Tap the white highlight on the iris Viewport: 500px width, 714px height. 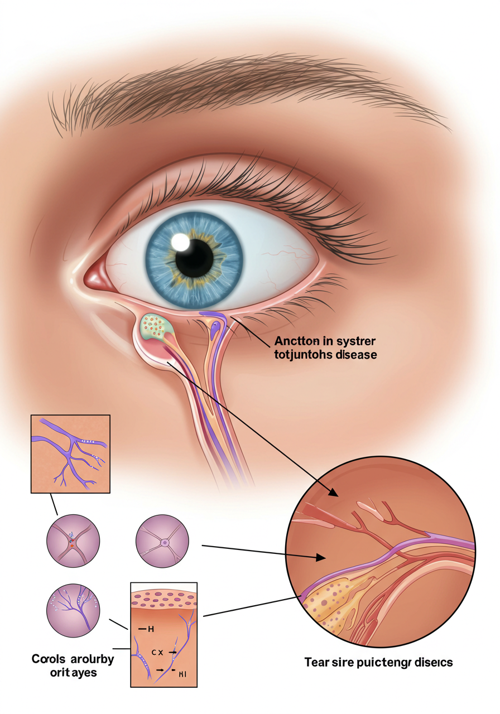[x=181, y=242]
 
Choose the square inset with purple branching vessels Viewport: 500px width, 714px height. [x=70, y=454]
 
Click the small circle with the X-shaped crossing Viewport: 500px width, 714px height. [x=73, y=541]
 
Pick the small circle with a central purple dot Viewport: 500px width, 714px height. [x=164, y=542]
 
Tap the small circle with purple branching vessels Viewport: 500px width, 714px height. [x=73, y=610]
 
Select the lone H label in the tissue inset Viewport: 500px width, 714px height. [x=150, y=629]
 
